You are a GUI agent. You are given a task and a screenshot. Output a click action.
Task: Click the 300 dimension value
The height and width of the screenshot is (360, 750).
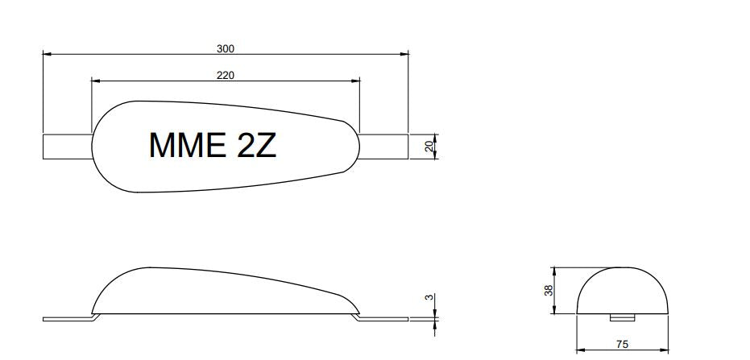[x=226, y=49]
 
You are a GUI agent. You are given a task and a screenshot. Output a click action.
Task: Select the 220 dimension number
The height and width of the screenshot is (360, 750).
[x=226, y=76]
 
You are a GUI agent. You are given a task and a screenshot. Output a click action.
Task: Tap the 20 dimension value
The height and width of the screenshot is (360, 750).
[x=429, y=147]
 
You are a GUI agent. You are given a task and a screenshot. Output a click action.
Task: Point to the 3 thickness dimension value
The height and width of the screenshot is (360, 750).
[x=430, y=297]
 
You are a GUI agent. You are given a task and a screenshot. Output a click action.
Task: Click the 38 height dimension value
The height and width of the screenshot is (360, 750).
[x=549, y=290]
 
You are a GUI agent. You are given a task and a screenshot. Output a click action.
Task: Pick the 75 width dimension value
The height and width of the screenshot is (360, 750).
[x=622, y=344]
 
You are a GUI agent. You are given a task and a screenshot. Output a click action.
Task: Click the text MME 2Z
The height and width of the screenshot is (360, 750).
[x=213, y=145]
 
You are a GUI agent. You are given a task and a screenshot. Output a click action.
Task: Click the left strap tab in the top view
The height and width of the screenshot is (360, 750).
[x=68, y=147]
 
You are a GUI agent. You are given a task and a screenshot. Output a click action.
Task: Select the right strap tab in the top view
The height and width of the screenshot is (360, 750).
[x=383, y=147]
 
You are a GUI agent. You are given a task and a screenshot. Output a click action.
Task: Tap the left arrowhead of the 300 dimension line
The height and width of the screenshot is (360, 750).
[x=47, y=55]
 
